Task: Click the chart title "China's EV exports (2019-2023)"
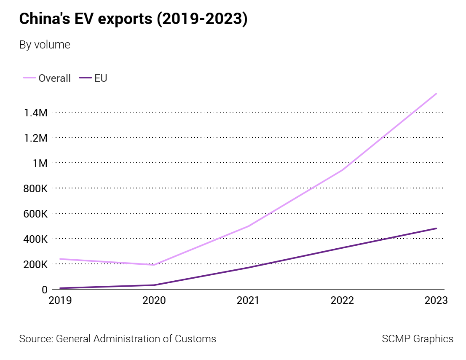pyautogui.click(x=133, y=19)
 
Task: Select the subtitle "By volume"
pyautogui.click(x=45, y=45)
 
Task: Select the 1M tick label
pyautogui.click(x=39, y=163)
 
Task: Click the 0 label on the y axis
pyautogui.click(x=44, y=290)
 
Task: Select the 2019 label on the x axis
pyautogui.click(x=60, y=301)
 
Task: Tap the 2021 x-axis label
pyautogui.click(x=249, y=301)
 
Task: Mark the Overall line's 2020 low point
pyautogui.click(x=154, y=265)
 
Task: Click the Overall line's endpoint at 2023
pyautogui.click(x=437, y=94)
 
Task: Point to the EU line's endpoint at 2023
pyautogui.click(x=437, y=228)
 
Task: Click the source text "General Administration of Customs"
pyautogui.click(x=136, y=339)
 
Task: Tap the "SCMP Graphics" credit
pyautogui.click(x=418, y=339)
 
